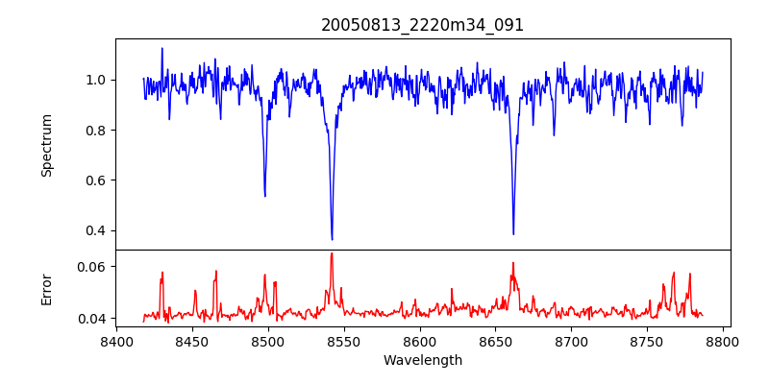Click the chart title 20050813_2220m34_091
click(422, 25)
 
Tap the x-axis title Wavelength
click(422, 361)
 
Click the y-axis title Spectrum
click(46, 145)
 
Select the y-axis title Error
click(46, 289)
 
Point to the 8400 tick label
click(116, 342)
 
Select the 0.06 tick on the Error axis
click(95, 266)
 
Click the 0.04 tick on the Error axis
click(95, 318)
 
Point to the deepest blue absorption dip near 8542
click(332, 239)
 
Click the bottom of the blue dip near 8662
click(513, 233)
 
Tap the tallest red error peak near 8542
click(332, 253)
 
